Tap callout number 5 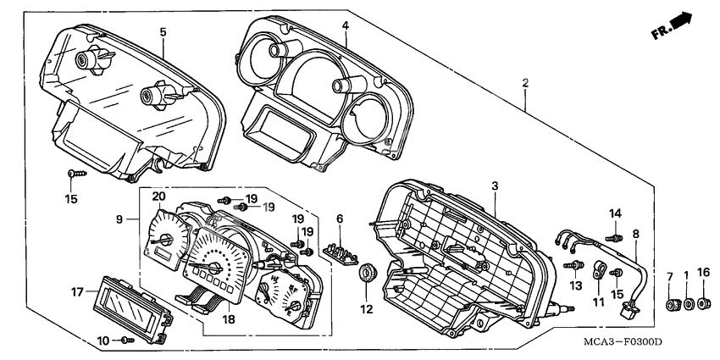coord(163,31)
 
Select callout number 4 coord(345,25)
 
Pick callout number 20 coord(158,197)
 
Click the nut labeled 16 coord(702,302)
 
